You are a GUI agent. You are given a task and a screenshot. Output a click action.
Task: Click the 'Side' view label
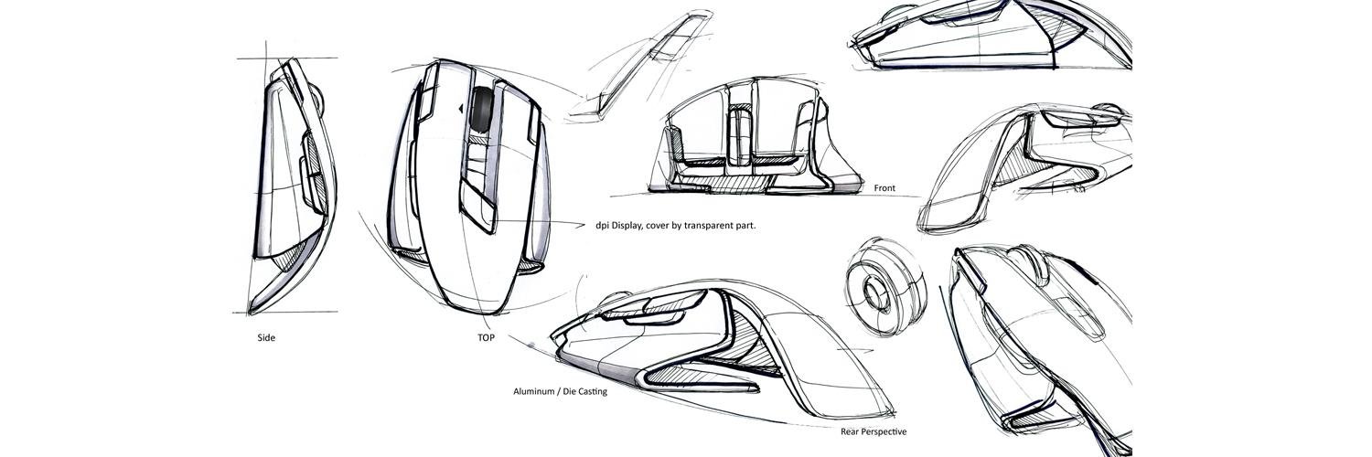click(266, 337)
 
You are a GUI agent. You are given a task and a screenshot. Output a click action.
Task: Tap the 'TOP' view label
click(486, 337)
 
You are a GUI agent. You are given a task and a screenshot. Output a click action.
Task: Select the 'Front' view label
click(884, 188)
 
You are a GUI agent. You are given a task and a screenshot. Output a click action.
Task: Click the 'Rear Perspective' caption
click(874, 432)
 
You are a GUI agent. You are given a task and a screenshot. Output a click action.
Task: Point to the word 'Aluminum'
click(533, 391)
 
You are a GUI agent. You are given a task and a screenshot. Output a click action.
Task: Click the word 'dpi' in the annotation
click(603, 226)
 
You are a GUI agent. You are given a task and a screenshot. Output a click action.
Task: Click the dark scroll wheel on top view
click(482, 110)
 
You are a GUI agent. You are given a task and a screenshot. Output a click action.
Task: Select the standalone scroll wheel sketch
click(885, 286)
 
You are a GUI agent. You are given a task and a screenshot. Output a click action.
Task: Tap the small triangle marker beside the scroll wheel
click(461, 110)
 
